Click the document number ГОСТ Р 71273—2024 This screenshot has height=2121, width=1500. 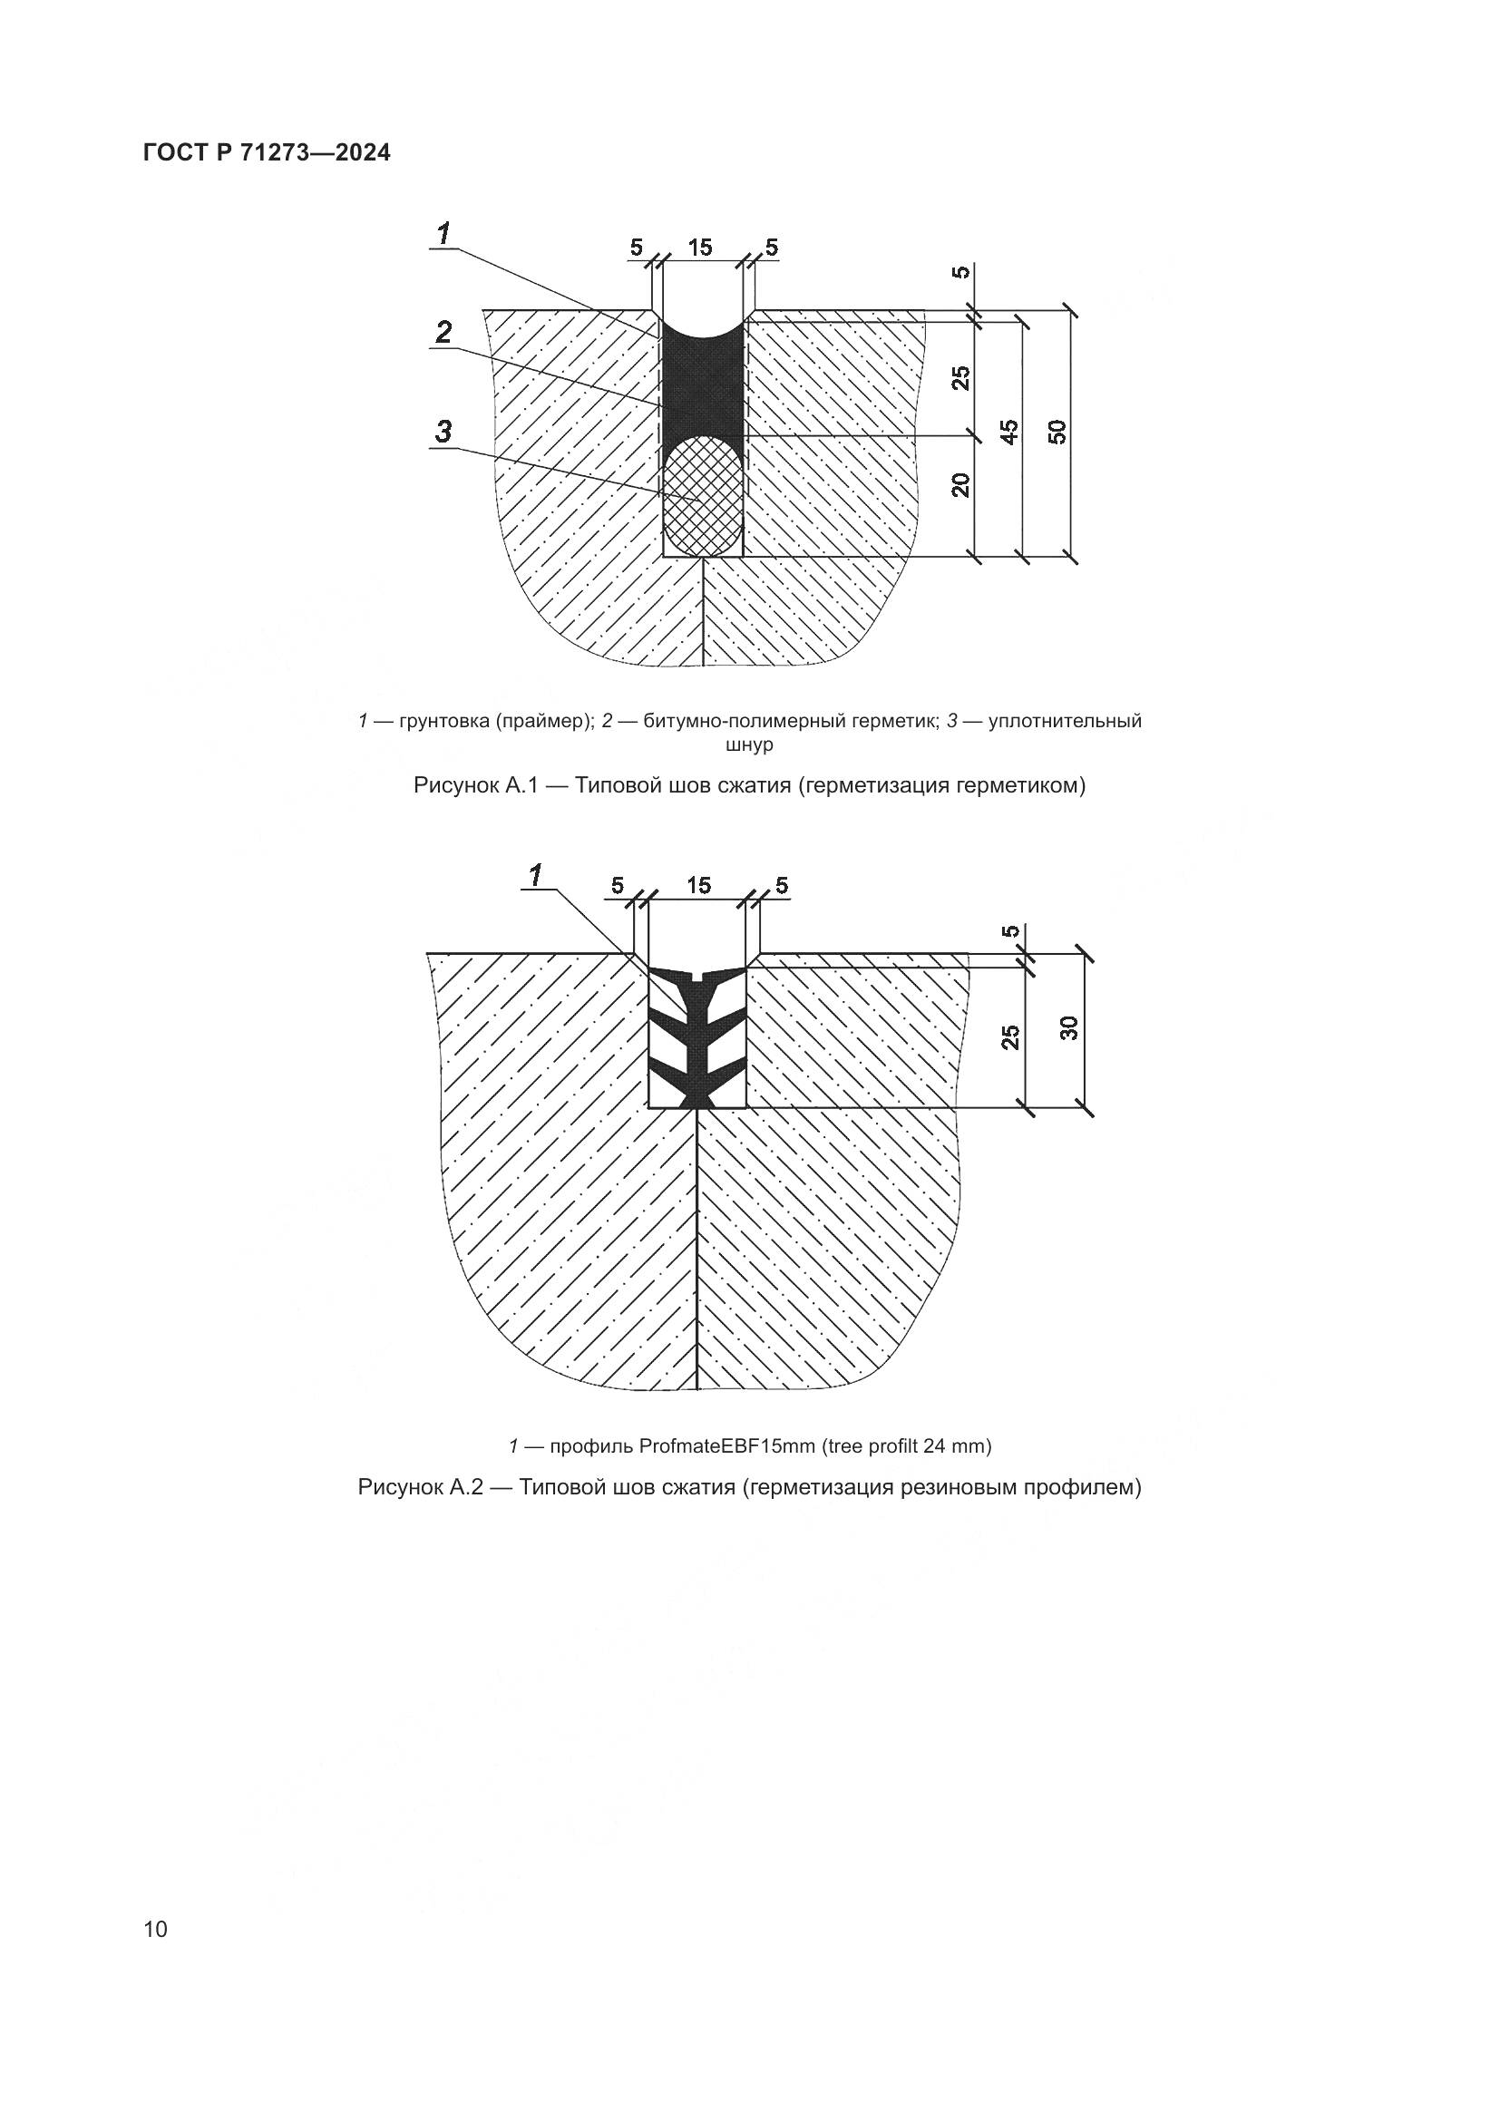(x=267, y=153)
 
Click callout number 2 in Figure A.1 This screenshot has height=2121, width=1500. (x=444, y=332)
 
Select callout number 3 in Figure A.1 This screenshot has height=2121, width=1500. (x=444, y=432)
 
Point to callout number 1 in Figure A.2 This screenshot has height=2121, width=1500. (x=535, y=874)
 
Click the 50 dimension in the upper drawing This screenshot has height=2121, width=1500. (x=1058, y=432)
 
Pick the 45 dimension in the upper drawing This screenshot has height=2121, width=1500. (x=1010, y=432)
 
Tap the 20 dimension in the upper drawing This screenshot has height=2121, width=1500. (x=962, y=485)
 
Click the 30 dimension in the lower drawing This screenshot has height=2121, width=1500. (x=1068, y=1027)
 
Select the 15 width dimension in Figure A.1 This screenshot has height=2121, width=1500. (x=700, y=248)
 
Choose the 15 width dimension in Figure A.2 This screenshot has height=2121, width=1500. (x=699, y=886)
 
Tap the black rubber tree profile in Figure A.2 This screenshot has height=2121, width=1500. (x=696, y=1035)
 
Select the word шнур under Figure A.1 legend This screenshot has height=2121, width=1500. (x=750, y=744)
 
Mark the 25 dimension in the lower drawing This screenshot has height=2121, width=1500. (x=1011, y=1036)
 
